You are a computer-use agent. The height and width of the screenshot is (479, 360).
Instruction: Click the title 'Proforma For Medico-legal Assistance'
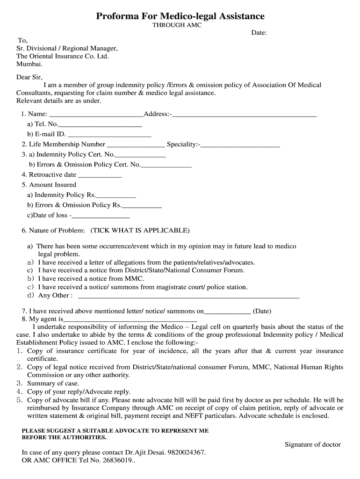(x=180, y=16)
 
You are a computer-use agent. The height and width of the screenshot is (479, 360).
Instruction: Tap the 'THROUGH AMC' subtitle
(x=177, y=25)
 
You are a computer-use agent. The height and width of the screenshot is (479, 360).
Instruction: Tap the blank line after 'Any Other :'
(x=188, y=297)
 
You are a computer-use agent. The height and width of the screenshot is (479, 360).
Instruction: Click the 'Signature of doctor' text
(x=313, y=444)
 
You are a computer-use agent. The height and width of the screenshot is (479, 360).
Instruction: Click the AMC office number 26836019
(x=117, y=460)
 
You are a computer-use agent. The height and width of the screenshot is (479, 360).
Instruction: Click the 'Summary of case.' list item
(x=53, y=384)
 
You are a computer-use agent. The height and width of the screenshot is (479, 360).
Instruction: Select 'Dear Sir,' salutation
(x=29, y=78)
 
